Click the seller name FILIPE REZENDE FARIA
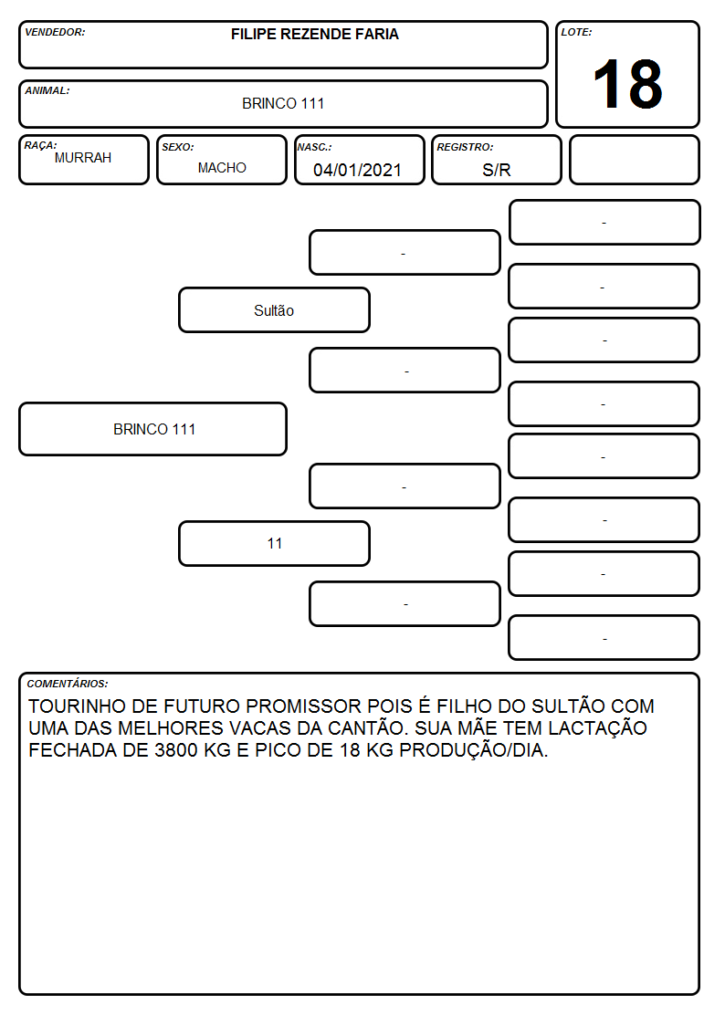coord(314,34)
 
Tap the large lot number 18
coord(627,84)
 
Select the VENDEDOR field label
coord(55,32)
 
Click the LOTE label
coord(576,32)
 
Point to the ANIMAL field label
coord(47,91)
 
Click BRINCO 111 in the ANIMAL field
coord(283,103)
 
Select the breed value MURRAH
coord(83,158)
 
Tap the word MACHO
coord(222,168)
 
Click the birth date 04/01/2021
coord(357,170)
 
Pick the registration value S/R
coord(496,170)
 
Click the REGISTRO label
coord(465,147)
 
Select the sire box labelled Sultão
coord(274,309)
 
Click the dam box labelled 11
coord(274,543)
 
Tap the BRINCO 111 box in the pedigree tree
coord(153,429)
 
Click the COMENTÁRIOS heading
coord(68,684)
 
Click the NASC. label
coord(314,147)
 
